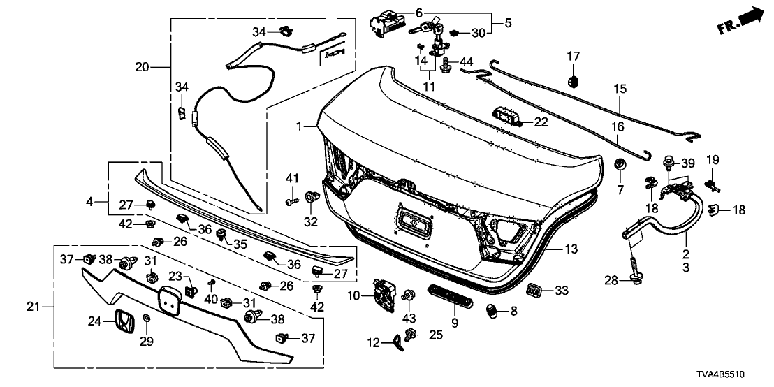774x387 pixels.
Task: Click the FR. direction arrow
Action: pos(740,20)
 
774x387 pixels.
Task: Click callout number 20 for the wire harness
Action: pos(143,67)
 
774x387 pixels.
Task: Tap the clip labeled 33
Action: pos(534,289)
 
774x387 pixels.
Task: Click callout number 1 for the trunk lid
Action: pos(299,126)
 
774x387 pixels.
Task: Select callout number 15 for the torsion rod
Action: pos(620,89)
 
